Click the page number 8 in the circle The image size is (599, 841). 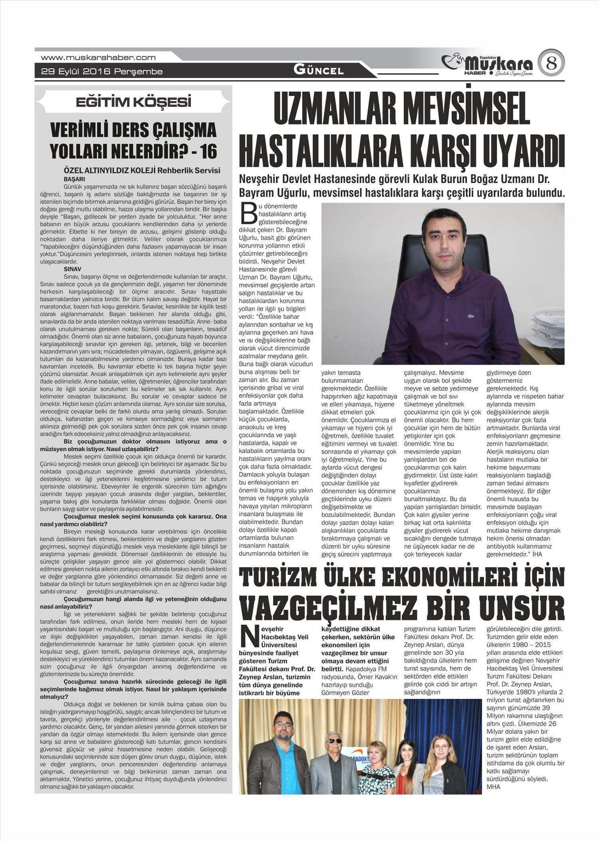[x=551, y=64]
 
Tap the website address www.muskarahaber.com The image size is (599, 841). [x=98, y=57]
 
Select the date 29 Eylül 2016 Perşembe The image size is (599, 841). [x=102, y=72]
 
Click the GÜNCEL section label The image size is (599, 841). [x=319, y=71]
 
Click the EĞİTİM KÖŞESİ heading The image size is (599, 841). [x=133, y=102]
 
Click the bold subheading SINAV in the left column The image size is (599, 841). [x=72, y=269]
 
